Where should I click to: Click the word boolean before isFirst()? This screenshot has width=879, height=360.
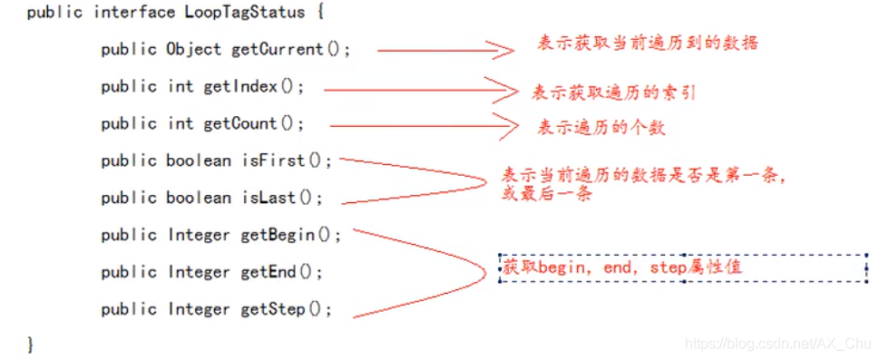point(199,161)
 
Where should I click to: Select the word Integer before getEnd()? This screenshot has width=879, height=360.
point(199,272)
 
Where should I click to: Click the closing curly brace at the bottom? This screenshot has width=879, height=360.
point(31,345)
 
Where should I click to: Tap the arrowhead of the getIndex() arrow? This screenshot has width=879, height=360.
point(503,89)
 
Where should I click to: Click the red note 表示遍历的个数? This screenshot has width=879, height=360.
point(601,127)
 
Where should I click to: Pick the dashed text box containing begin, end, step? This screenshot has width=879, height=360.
point(684,268)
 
